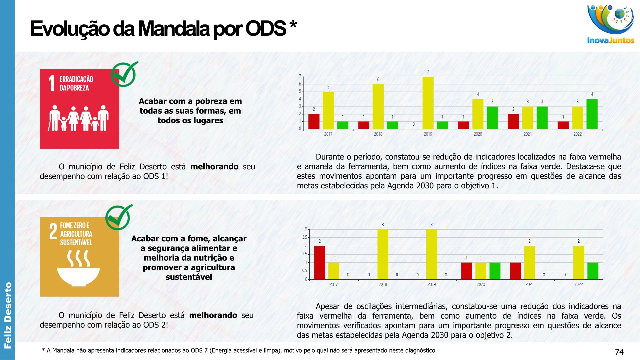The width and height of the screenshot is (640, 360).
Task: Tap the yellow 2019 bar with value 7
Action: tap(428, 103)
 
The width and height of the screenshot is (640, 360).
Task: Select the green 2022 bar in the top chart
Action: tap(592, 114)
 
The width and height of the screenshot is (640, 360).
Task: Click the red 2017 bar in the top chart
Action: tap(314, 121)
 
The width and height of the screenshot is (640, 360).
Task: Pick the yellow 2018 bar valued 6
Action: tap(378, 106)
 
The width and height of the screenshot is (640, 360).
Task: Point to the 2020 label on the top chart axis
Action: tap(478, 134)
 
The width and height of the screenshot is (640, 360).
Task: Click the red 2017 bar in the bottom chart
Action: tap(320, 263)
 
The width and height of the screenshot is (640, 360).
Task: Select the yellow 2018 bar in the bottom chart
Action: tap(383, 254)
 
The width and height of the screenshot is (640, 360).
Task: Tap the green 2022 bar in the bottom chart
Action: tap(593, 271)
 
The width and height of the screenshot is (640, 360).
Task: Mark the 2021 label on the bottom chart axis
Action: tap(529, 284)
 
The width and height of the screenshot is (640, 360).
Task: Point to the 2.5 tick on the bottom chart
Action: tap(305, 237)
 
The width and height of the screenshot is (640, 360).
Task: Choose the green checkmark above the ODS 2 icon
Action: tap(119, 217)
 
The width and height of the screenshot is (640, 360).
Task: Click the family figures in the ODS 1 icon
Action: tap(79, 118)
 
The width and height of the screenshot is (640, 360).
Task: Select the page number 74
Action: tap(619, 352)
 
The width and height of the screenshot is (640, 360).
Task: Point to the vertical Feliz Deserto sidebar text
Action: tap(8, 315)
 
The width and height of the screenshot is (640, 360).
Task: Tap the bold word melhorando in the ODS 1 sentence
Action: tap(214, 167)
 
